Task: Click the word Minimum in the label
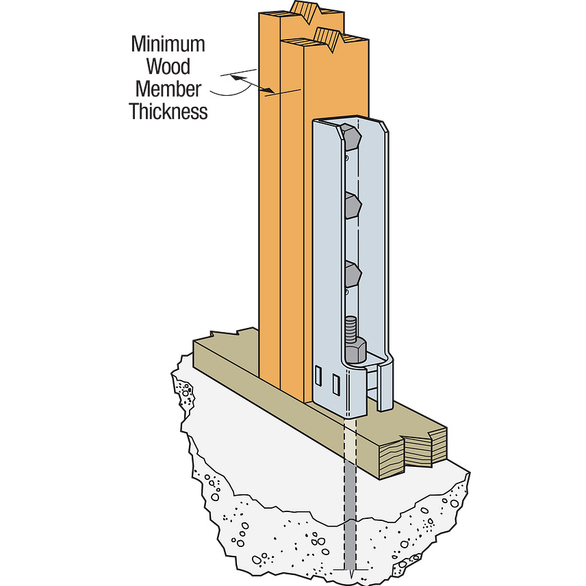(168, 44)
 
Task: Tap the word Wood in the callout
(168, 66)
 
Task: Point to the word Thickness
(168, 111)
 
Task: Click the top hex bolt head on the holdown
(350, 138)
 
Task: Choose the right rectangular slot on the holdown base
(335, 385)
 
